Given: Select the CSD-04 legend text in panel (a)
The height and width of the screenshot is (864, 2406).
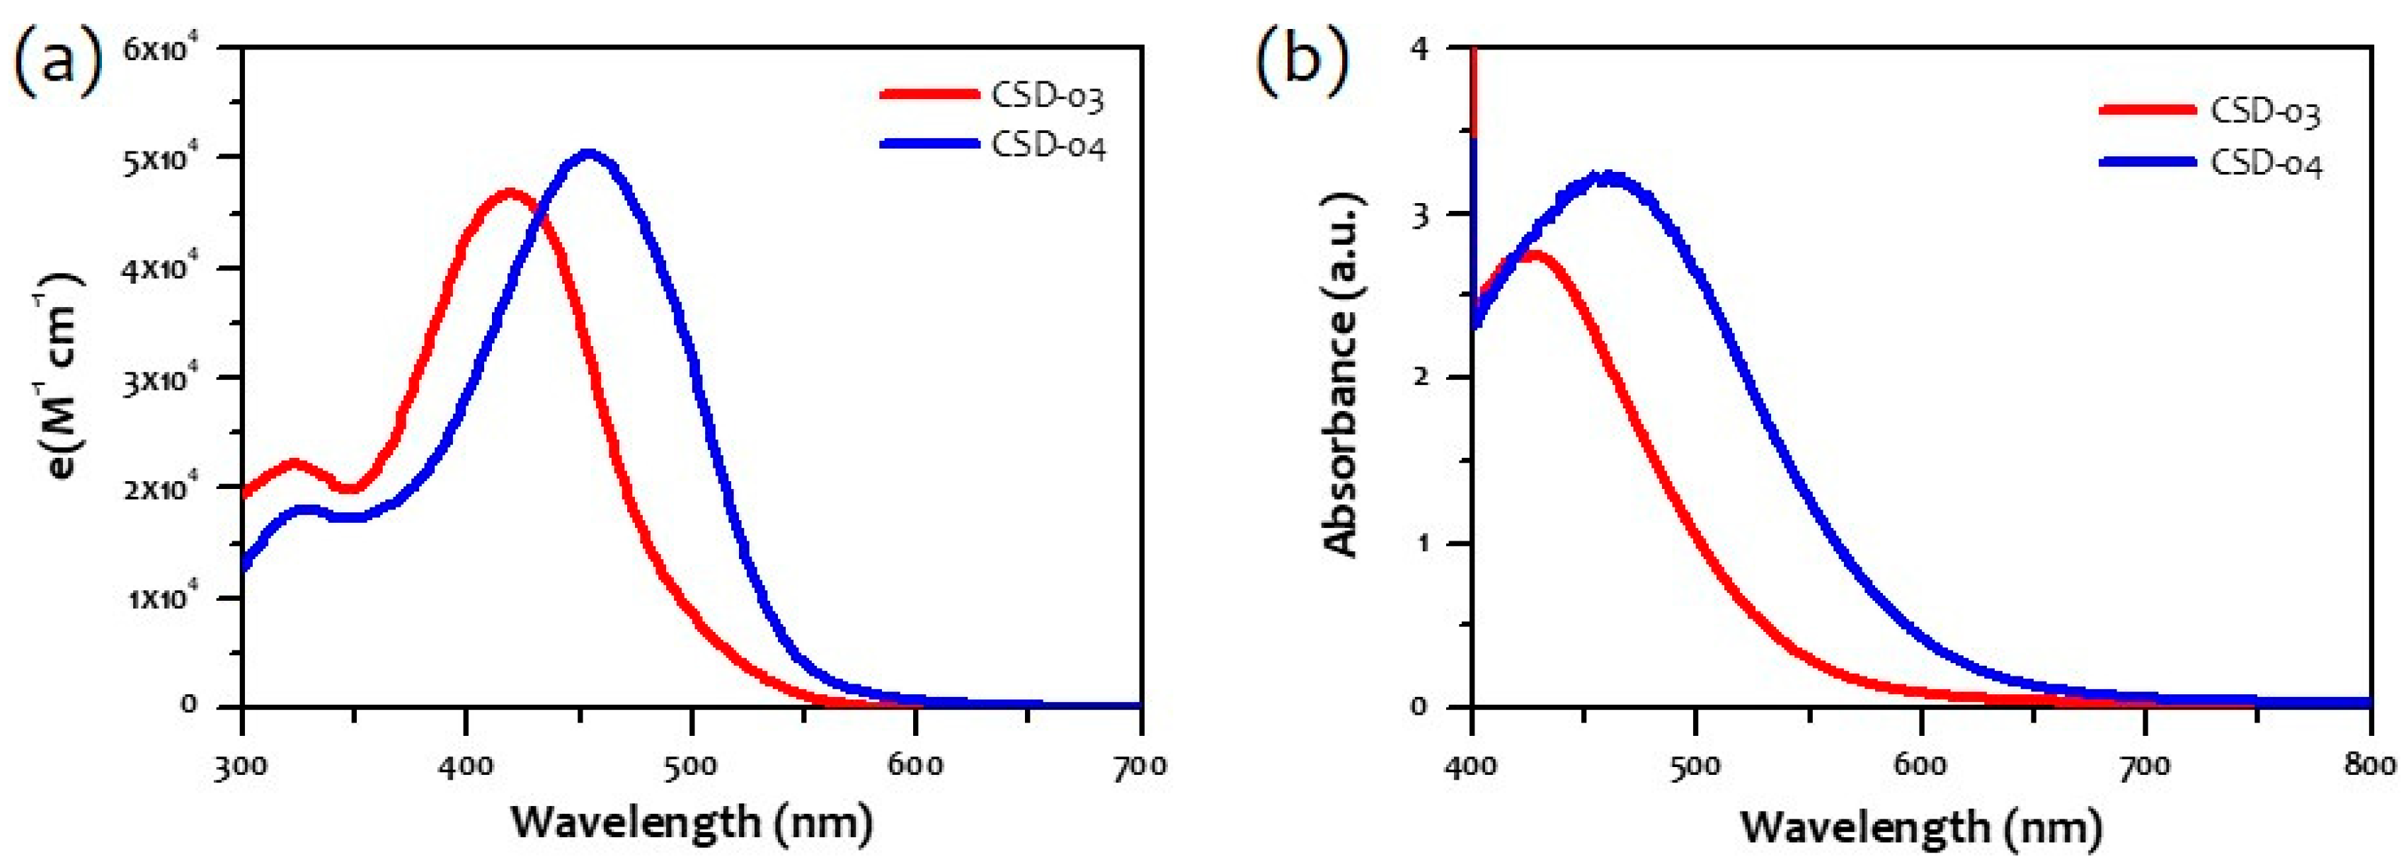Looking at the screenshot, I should click(1048, 146).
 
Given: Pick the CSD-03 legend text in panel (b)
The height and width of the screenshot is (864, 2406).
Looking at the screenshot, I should click(2265, 111).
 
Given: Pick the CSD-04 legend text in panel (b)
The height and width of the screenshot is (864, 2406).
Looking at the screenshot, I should click(2265, 163).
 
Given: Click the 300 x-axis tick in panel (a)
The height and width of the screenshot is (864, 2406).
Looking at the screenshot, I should click(243, 766).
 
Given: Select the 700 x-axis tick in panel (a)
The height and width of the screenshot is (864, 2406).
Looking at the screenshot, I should click(1140, 766).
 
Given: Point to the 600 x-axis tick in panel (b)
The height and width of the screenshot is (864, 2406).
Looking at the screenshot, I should click(1920, 766).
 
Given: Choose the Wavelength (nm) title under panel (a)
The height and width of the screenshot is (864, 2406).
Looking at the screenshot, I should click(691, 823).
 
